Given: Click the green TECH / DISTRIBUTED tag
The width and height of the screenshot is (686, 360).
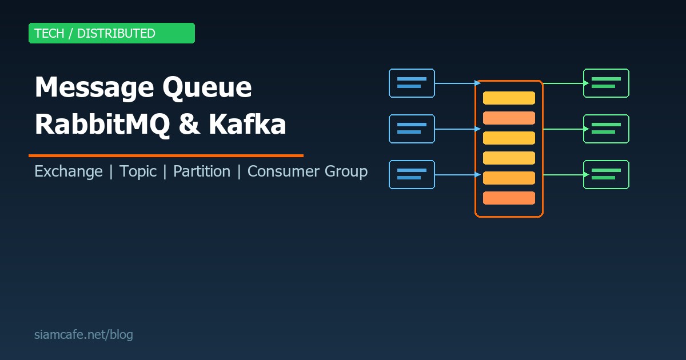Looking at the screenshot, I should (x=111, y=33).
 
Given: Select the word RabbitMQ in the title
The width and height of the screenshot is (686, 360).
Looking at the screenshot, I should (x=102, y=125).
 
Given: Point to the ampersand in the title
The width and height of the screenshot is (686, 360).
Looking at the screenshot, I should (x=189, y=125).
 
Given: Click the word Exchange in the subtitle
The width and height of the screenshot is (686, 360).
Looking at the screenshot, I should (x=69, y=171).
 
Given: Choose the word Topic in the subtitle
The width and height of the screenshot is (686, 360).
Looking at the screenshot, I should (x=138, y=171).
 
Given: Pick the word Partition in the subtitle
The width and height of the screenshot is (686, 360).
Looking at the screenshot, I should (x=202, y=171).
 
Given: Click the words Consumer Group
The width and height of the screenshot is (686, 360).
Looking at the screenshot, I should (x=307, y=171).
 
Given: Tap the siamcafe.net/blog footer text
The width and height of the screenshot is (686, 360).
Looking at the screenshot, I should (x=83, y=335).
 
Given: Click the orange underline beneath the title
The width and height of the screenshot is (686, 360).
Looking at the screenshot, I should (x=166, y=155).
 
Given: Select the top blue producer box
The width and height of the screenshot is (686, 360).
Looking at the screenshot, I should (x=412, y=83).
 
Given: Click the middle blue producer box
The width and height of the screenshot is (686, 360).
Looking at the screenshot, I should (x=412, y=129).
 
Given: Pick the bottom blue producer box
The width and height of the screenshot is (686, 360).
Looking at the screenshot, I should (x=412, y=175).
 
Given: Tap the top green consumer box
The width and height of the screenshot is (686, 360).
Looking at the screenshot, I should (x=606, y=83).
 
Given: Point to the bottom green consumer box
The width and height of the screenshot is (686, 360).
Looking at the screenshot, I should (x=606, y=175).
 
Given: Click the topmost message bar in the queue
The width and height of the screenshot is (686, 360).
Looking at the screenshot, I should (x=509, y=98).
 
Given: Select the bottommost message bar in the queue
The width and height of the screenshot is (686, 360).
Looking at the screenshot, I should (x=509, y=198).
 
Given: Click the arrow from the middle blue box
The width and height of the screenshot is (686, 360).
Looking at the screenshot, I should (x=456, y=129).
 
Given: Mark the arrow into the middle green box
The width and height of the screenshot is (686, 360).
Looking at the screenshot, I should (x=565, y=129).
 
